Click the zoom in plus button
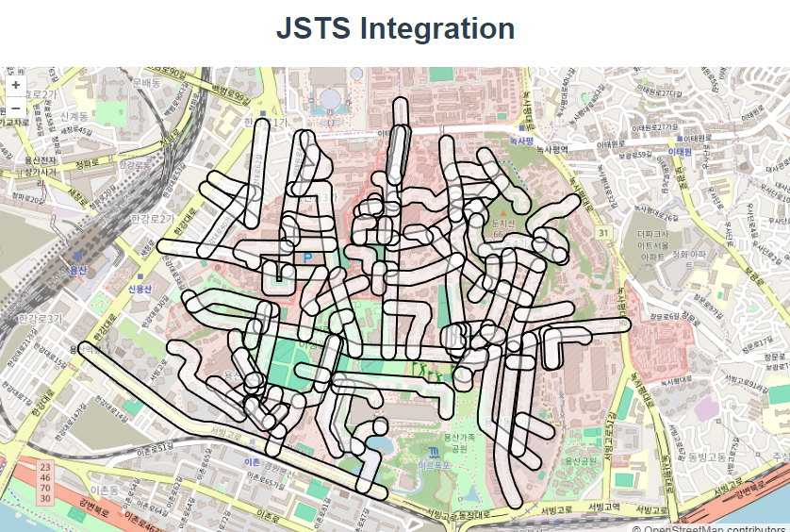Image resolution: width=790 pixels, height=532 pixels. click(16, 85)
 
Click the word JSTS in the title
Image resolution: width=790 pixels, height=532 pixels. click(314, 28)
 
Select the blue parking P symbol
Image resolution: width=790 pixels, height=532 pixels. click(307, 257)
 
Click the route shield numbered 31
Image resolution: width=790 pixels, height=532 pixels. click(602, 232)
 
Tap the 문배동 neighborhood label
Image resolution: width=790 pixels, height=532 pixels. click(146, 83)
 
